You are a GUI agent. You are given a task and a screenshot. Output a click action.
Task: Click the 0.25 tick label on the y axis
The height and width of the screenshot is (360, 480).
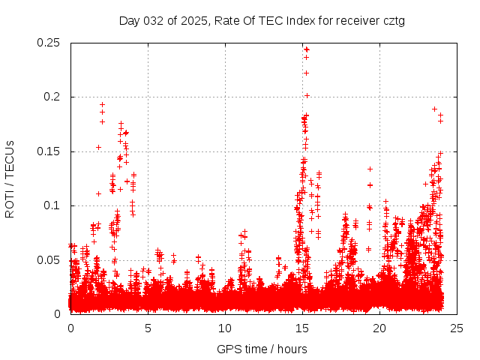49,43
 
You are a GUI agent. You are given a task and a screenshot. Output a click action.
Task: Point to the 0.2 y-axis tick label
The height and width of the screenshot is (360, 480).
55,97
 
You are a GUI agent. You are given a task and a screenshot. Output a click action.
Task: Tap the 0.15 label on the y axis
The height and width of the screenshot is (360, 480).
49,151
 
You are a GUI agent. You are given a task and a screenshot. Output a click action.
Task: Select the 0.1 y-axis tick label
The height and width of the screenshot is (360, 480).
55,205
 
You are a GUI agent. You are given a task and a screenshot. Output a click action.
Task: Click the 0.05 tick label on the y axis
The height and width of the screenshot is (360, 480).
49,260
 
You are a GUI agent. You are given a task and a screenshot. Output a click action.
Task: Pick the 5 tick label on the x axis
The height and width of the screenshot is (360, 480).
148,328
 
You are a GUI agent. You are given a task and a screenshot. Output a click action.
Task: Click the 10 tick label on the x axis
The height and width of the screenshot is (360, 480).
225,328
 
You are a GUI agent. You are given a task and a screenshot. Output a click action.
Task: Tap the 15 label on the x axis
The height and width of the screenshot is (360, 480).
302,328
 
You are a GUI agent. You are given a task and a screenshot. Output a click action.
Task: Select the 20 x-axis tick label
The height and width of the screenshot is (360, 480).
379,328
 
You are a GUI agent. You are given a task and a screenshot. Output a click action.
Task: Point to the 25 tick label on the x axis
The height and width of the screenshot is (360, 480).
457,328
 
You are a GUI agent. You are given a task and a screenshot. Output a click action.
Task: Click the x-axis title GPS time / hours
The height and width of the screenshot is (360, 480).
262,349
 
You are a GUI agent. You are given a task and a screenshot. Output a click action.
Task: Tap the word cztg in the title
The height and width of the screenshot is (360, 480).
393,20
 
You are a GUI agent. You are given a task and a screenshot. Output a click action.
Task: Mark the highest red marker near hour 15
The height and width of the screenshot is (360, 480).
306,49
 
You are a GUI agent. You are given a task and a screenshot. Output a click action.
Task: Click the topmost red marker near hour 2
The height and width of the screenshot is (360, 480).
102,104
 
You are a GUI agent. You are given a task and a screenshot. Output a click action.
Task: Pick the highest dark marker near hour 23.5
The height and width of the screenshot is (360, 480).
434,109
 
